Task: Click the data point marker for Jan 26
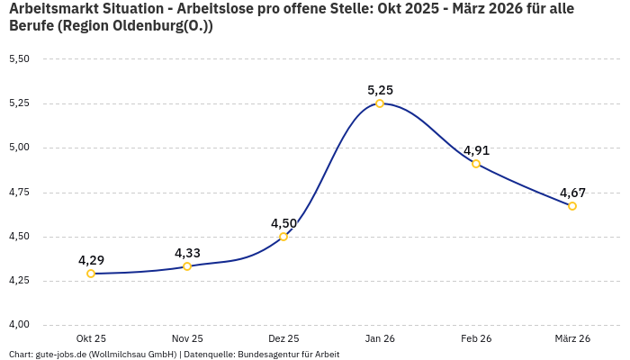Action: (x=380, y=103)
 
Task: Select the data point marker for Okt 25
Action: (x=91, y=274)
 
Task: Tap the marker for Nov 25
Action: (x=187, y=266)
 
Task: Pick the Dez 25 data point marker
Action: (x=283, y=237)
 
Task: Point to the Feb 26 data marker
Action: (x=476, y=164)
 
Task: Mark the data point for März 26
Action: (x=572, y=206)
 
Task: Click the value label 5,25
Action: (x=380, y=90)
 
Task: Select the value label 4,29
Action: (x=91, y=260)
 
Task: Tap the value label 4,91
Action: (x=476, y=150)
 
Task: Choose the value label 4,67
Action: (x=572, y=193)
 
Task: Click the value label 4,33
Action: (x=187, y=253)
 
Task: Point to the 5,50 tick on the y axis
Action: (x=19, y=59)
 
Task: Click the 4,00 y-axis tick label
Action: (x=19, y=325)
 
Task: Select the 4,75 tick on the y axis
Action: (x=19, y=193)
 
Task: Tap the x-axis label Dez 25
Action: (x=283, y=338)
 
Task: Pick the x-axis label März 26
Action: (x=572, y=338)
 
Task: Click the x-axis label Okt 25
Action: (x=91, y=338)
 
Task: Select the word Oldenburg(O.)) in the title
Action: (x=166, y=26)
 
